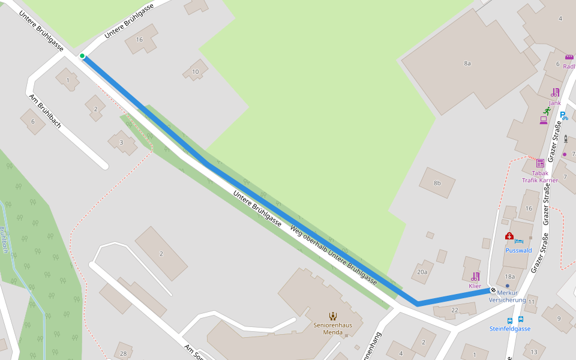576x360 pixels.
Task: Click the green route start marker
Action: (82, 56)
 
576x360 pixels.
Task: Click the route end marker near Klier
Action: (493, 290)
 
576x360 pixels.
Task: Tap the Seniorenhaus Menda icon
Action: (332, 316)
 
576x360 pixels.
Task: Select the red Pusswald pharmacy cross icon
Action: (509, 236)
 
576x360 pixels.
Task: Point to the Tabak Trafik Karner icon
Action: (540, 163)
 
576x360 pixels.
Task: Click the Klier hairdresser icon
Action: (475, 277)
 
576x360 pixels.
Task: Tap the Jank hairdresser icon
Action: (555, 92)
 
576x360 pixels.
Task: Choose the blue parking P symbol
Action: (563, 116)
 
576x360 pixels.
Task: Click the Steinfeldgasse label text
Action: (509, 329)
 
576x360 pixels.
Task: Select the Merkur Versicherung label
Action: (507, 296)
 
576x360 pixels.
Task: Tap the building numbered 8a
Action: (467, 63)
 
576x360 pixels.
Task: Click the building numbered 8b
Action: (437, 183)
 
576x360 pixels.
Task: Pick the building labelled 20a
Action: (422, 272)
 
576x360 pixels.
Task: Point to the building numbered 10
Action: (195, 72)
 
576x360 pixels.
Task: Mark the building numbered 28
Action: (123, 353)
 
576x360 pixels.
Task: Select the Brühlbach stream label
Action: (5, 240)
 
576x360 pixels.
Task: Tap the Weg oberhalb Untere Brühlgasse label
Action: (334, 255)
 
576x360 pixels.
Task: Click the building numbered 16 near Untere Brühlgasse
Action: (140, 40)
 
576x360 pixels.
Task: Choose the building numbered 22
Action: (455, 310)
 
